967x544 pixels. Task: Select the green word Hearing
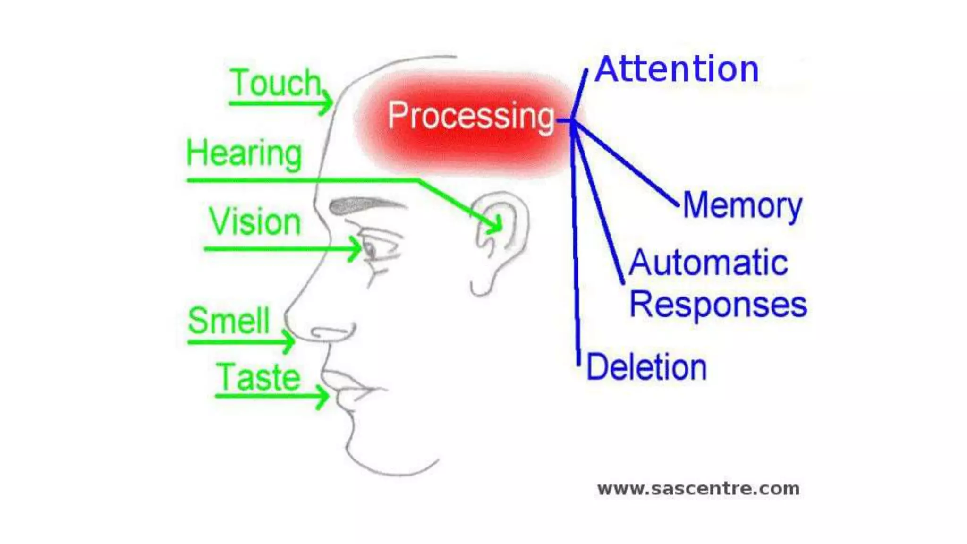pyautogui.click(x=244, y=153)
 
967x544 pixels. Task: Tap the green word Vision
pyautogui.click(x=255, y=222)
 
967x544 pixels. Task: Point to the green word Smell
pyautogui.click(x=229, y=321)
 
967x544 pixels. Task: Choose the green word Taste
pyautogui.click(x=258, y=378)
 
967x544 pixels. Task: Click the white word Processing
pyautogui.click(x=471, y=116)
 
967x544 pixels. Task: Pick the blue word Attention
pyautogui.click(x=677, y=69)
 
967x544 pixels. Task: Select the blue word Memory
pyautogui.click(x=742, y=206)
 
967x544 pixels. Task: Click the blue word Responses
pyautogui.click(x=718, y=305)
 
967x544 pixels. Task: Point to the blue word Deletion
pyautogui.click(x=646, y=367)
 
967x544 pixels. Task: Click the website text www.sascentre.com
pyautogui.click(x=698, y=489)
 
